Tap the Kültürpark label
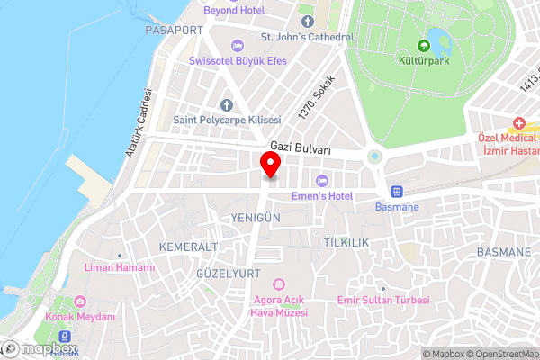424,65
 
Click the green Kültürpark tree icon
424,46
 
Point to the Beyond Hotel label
232,10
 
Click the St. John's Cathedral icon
307,20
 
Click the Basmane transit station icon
396,191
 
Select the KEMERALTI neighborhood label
189,247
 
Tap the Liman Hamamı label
119,267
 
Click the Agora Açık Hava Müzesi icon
279,284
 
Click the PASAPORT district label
174,30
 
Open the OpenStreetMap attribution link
501,354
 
